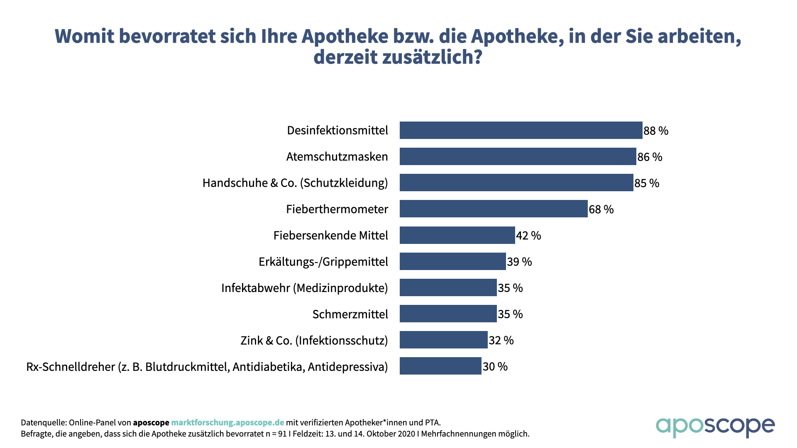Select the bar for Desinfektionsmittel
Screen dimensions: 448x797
[521, 130]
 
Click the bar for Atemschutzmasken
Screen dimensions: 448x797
[518, 156]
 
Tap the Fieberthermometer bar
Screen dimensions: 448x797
[493, 209]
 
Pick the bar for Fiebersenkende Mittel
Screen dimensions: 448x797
[457, 235]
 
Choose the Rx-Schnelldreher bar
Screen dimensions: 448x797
[440, 366]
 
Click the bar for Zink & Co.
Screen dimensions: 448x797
[443, 340]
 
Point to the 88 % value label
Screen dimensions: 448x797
[656, 131]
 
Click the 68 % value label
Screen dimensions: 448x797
[601, 209]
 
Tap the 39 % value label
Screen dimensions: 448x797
[519, 262]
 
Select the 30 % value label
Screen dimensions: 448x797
[495, 366]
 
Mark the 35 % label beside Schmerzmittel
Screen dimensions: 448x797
[510, 314]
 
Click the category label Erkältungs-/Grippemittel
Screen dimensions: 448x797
[323, 262]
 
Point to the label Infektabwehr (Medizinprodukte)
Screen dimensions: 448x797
[304, 288]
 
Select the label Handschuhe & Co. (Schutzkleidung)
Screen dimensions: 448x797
[295, 183]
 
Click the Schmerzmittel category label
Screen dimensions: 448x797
[350, 314]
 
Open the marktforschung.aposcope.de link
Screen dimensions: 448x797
[227, 422]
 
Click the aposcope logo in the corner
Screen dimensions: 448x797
[715, 426]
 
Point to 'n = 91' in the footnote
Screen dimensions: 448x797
[276, 434]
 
